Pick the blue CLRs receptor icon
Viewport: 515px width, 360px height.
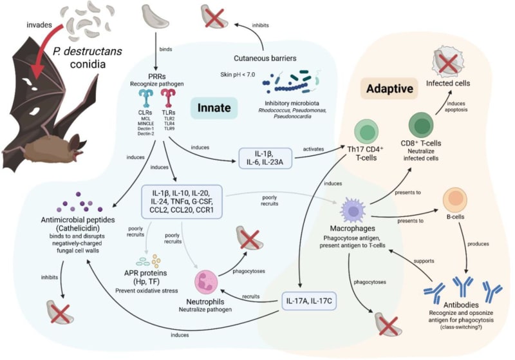click(x=146, y=99)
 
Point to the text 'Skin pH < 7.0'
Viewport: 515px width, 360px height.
click(x=236, y=75)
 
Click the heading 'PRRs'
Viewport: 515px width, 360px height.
click(x=158, y=71)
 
